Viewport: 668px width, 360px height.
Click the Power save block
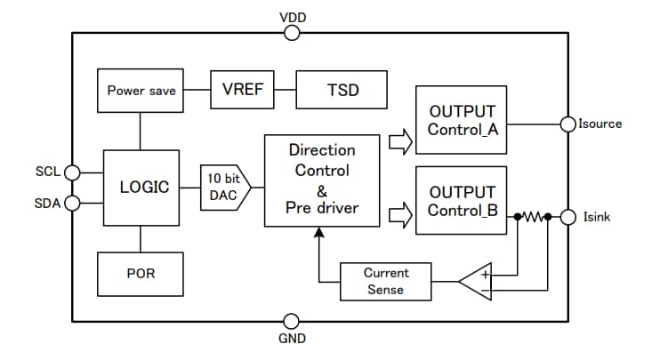pos(141,91)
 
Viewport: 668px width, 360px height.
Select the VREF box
pos(242,90)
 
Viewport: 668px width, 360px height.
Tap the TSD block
pos(342,90)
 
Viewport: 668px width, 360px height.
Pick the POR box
pos(141,273)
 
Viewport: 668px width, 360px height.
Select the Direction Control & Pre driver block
pos(323,180)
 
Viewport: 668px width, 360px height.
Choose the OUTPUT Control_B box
pos(461,201)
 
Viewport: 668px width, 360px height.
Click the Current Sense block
pos(386,282)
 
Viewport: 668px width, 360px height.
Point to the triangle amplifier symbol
pos(476,282)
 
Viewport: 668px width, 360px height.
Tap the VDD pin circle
pos(292,34)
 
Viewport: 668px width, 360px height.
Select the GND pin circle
pos(292,321)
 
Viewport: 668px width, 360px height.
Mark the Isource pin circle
pos(567,124)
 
